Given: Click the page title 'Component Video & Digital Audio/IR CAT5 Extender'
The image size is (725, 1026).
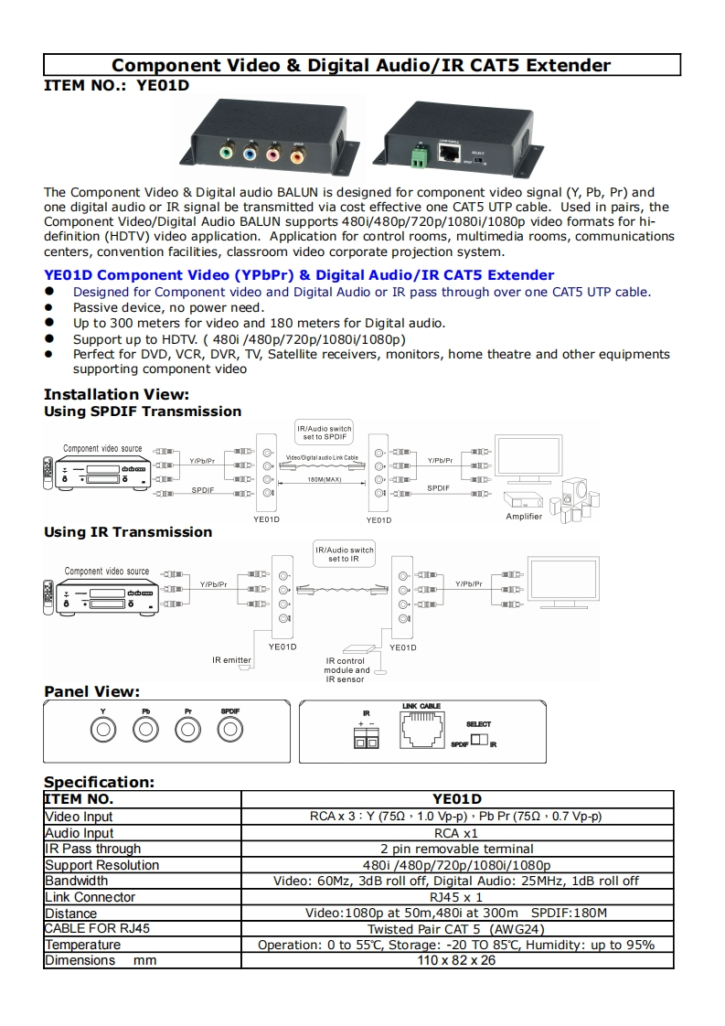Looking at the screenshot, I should (361, 65).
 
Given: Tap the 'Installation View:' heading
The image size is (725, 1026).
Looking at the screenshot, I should (116, 395).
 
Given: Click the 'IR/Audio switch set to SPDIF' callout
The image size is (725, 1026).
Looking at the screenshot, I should (325, 433).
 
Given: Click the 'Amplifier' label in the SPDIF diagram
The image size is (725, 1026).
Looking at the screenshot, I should (524, 517).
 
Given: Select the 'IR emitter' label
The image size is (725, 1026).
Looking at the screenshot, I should (231, 659).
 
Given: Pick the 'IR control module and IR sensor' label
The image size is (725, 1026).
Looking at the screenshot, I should (347, 670).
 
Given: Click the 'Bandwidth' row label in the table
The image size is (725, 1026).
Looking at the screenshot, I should (77, 881).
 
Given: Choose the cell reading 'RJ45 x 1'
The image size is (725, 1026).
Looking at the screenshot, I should (455, 897).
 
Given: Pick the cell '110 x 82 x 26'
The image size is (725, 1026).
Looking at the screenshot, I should (455, 960).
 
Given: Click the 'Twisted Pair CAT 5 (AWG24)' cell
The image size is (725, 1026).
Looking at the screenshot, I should (455, 928).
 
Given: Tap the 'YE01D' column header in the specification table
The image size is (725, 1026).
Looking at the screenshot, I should (455, 799).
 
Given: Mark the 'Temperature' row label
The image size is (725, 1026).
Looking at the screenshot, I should (82, 945).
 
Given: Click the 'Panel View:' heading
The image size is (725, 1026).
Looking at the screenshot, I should (91, 691).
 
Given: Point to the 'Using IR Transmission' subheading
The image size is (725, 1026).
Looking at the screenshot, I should (128, 532).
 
